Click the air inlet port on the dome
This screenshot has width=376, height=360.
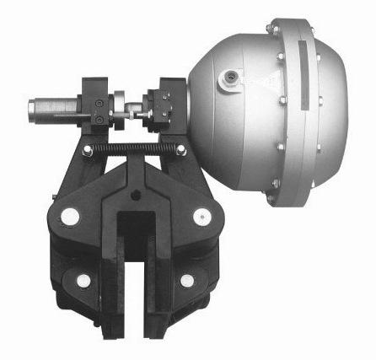228,81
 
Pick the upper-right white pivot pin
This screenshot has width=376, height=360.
200,218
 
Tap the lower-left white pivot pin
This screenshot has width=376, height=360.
83,281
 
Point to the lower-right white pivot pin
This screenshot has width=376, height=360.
185,281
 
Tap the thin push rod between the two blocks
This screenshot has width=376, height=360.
134,107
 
